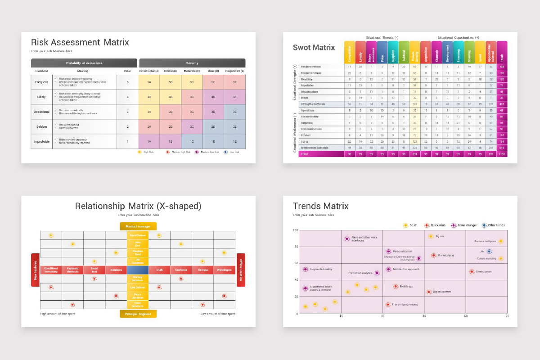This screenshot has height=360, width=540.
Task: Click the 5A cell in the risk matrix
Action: (149, 82)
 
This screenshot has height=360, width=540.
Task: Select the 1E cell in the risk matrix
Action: (234, 141)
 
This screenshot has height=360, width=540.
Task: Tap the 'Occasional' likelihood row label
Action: (41, 112)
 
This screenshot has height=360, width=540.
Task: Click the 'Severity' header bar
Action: (192, 63)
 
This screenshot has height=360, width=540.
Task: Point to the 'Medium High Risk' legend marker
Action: (167, 152)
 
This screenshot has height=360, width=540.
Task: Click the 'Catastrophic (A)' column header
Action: (149, 71)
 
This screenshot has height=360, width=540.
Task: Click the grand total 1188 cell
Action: (502, 154)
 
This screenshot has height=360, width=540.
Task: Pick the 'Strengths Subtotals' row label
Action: (314, 104)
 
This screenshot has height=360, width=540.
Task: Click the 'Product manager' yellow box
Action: (138, 226)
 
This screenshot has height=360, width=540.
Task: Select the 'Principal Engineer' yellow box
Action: (138, 314)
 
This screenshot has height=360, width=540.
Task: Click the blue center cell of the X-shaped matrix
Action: (138, 270)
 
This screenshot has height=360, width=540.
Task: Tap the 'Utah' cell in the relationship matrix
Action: (159, 270)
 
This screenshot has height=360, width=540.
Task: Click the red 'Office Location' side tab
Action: (241, 270)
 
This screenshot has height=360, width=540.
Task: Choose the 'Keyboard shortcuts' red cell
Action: (72, 270)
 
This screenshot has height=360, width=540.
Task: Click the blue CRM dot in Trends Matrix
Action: (489, 252)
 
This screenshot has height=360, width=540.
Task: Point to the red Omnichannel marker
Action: (472, 271)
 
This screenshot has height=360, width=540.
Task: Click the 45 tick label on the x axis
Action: (424, 316)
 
